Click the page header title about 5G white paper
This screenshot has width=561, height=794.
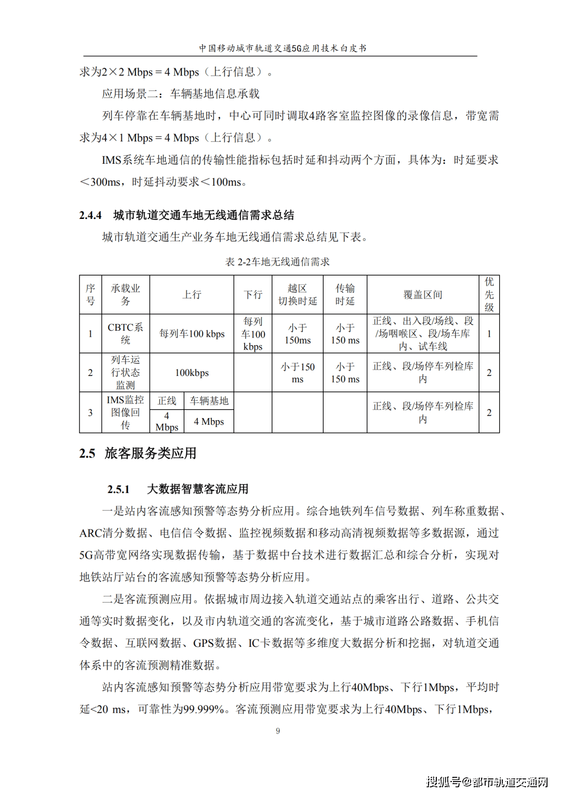(x=283, y=48)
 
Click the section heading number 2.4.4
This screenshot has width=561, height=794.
(x=90, y=215)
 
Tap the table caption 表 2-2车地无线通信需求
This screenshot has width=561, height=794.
(x=277, y=262)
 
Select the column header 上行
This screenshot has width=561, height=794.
(x=192, y=295)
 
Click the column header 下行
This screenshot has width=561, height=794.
(x=253, y=295)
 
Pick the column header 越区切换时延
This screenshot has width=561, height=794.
(x=298, y=295)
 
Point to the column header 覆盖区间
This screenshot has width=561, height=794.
(x=423, y=295)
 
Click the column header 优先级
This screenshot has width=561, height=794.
(x=489, y=295)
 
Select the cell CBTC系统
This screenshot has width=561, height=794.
(x=125, y=334)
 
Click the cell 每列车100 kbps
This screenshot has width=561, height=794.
(x=192, y=334)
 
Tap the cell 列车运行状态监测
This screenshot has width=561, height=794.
(x=125, y=373)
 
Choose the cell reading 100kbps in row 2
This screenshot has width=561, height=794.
(x=192, y=373)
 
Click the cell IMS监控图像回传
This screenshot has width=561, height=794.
(x=125, y=412)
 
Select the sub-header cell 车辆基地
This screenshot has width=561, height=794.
(x=209, y=401)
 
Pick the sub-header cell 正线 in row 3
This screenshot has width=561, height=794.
(x=167, y=401)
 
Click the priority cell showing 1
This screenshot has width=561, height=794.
(x=489, y=334)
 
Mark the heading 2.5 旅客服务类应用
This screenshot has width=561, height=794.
(x=138, y=453)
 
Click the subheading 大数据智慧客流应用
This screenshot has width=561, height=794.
(x=197, y=489)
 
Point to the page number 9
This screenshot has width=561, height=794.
(x=278, y=731)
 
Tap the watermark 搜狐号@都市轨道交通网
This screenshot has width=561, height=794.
(x=487, y=782)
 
